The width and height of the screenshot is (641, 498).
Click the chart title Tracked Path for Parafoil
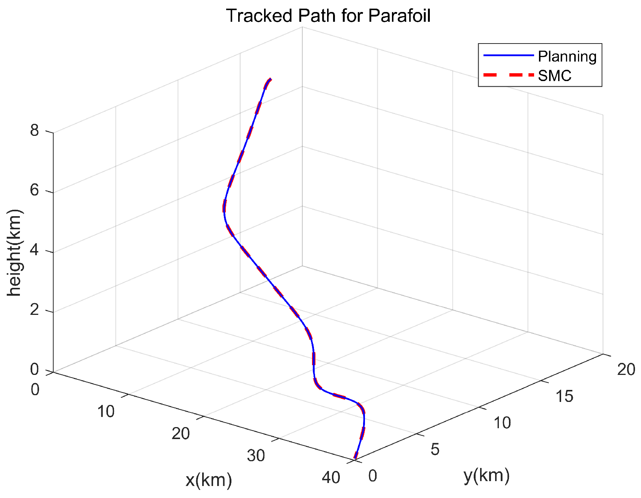pos(328,16)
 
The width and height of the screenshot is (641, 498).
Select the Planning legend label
pos(567,56)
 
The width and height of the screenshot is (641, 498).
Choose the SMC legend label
pos(554,76)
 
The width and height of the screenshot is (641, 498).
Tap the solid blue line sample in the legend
pos(508,56)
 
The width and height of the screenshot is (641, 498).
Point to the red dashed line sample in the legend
pos(508,75)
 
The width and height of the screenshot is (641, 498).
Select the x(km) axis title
pos(209,480)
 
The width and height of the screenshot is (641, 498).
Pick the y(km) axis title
pos(486,475)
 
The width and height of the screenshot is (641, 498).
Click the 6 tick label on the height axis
pos(35,191)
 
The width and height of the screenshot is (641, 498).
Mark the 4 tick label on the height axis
pos(35,250)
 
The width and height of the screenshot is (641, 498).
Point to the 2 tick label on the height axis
pos(35,310)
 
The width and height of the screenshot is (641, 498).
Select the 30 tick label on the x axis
pos(256,456)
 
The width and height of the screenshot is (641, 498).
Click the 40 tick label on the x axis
pos(331,478)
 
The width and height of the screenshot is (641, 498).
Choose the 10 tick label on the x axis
pos(106,412)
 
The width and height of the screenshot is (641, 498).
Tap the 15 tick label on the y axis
pos(564,396)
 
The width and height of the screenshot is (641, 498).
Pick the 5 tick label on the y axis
pos(435,449)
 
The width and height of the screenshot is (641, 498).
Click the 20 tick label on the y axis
pos(626,370)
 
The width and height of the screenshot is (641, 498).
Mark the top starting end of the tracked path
pos(270,79)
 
